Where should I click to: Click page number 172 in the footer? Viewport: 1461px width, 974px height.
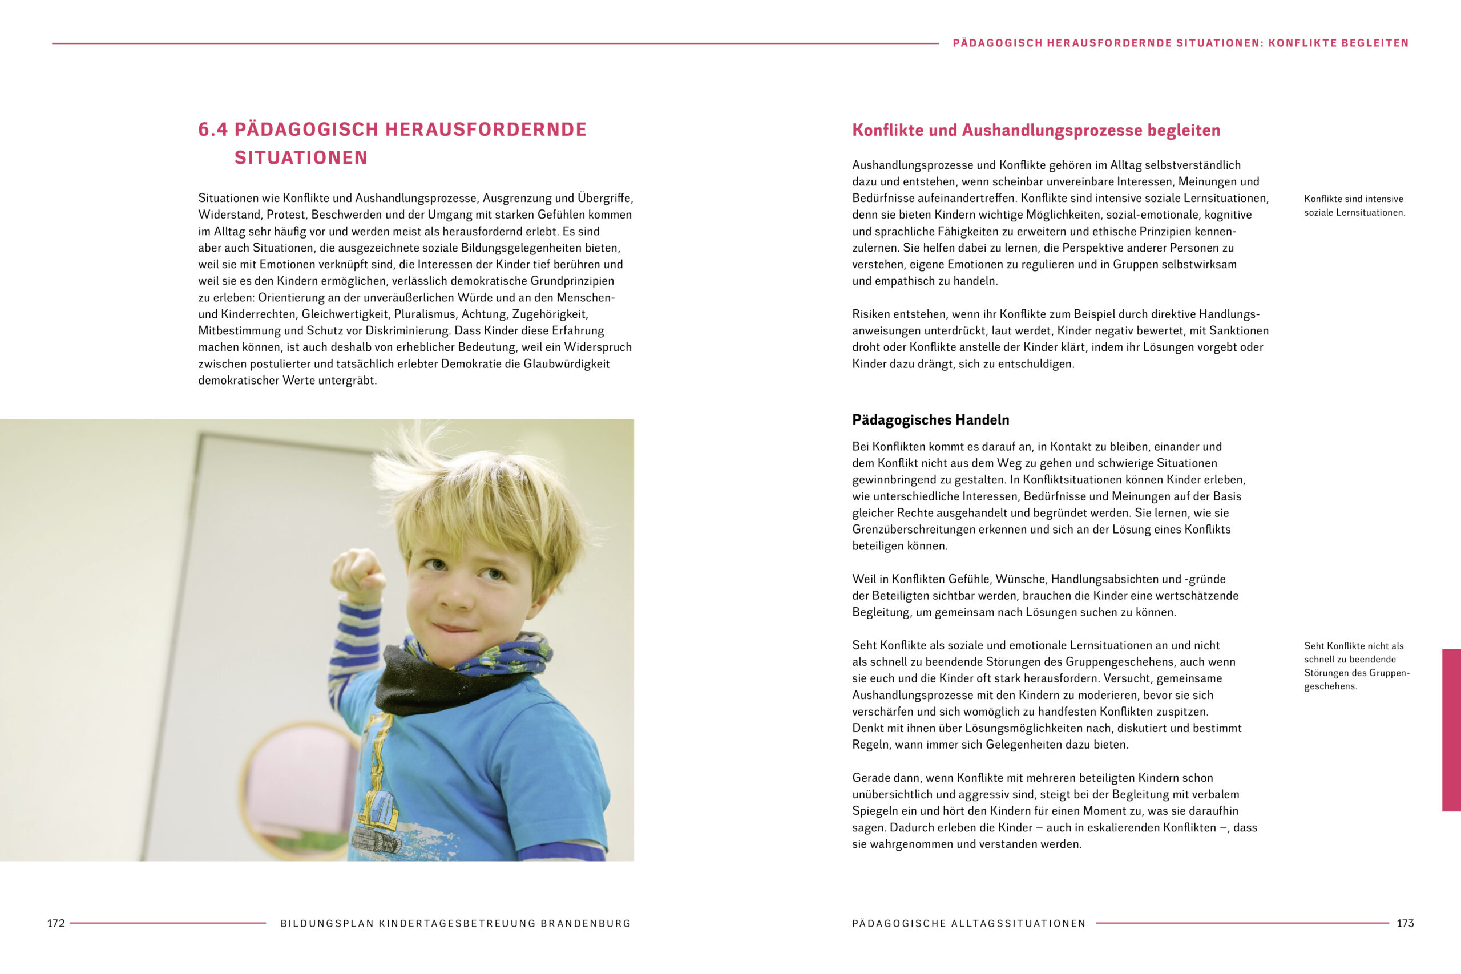click(x=56, y=923)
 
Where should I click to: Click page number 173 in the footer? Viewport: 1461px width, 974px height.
click(x=1405, y=923)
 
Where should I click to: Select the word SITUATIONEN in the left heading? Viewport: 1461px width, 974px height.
click(x=301, y=158)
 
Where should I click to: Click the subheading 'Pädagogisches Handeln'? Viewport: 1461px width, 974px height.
click(x=930, y=420)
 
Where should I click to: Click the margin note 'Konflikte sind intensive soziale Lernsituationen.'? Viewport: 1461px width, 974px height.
click(x=1354, y=205)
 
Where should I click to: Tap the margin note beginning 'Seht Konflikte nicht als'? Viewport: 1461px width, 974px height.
click(x=1356, y=666)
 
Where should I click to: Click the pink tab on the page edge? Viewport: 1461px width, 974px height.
click(x=1451, y=730)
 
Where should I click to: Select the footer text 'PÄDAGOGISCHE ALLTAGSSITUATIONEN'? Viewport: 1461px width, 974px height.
click(x=968, y=924)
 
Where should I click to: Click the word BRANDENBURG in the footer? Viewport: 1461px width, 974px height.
click(x=585, y=924)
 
